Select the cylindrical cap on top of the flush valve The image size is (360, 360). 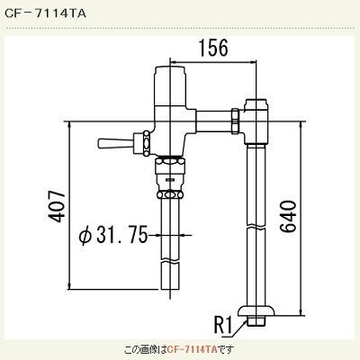pyautogui.click(x=168, y=76)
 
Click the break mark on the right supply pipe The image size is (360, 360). pyautogui.click(x=256, y=229)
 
